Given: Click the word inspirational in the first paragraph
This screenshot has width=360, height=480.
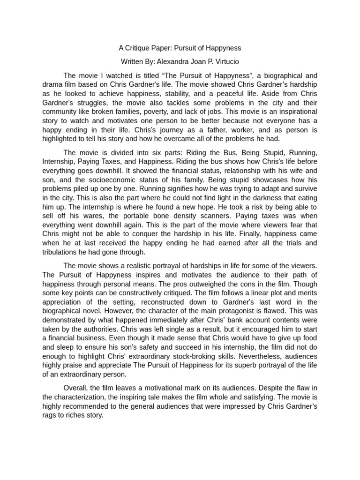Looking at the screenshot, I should [x=295, y=112].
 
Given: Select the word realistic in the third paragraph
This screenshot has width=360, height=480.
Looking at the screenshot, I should [x=143, y=266].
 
